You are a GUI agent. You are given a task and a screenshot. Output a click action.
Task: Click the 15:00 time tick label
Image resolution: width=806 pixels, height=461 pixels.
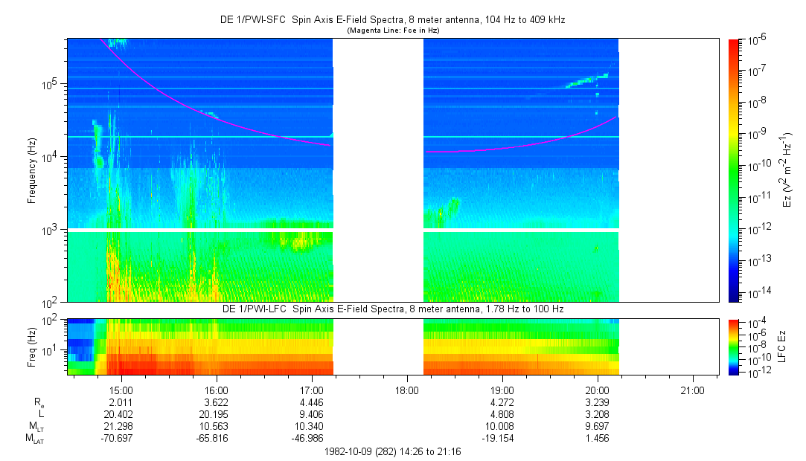[121, 390]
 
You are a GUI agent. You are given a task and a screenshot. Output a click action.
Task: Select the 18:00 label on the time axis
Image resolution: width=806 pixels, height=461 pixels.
[406, 390]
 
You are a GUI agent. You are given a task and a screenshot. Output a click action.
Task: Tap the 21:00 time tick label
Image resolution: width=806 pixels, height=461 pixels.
[692, 390]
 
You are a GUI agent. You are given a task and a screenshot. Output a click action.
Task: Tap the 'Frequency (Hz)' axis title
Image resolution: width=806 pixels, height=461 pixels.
[32, 170]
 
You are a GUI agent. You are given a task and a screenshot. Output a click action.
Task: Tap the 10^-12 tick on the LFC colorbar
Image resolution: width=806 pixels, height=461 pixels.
[752, 372]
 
